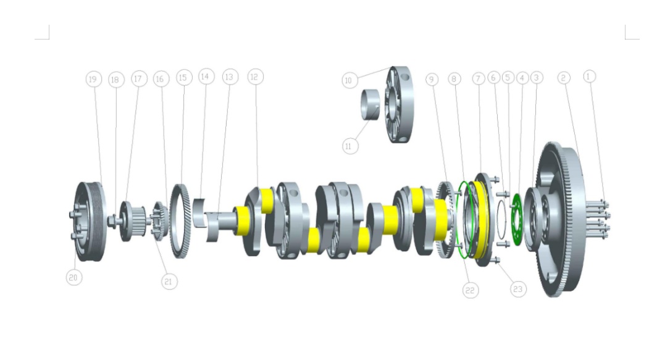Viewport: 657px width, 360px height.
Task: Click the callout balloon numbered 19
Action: point(93,79)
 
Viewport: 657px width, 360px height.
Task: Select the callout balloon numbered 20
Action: point(73,277)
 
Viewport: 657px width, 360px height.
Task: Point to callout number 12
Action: point(256,77)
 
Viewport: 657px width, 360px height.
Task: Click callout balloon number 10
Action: point(349,80)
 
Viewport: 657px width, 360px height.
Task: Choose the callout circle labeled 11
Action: point(350,146)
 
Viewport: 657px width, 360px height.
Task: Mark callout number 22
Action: point(471,291)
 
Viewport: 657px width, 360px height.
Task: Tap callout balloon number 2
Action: point(564,77)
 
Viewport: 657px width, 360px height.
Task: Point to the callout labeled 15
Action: point(183,77)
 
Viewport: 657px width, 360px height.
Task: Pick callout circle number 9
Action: point(432,79)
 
